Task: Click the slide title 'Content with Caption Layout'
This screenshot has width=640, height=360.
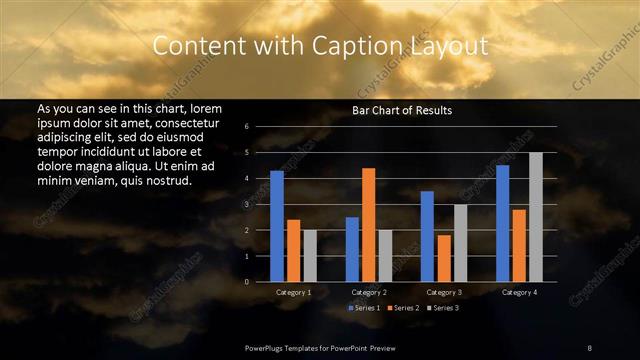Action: click(320, 45)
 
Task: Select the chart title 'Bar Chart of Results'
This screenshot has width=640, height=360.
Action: click(401, 110)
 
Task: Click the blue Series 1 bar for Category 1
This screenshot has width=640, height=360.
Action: click(277, 226)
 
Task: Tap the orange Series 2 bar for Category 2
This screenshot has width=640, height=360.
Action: click(368, 225)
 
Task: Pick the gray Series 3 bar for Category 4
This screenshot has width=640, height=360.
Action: click(536, 217)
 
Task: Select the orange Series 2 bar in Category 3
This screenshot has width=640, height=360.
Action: click(443, 258)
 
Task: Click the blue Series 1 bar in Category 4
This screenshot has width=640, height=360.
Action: click(502, 223)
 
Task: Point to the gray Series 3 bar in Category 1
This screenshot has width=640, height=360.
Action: click(310, 256)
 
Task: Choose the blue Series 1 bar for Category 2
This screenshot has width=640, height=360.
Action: click(352, 249)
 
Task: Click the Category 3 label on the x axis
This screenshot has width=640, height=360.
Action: click(444, 292)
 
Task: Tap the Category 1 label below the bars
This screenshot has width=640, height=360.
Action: click(293, 292)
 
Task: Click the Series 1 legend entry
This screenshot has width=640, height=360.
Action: click(364, 308)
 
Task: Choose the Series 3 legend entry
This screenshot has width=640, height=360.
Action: click(444, 308)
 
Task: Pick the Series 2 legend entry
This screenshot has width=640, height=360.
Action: click(404, 308)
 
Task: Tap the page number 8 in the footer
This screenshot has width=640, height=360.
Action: click(589, 346)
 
